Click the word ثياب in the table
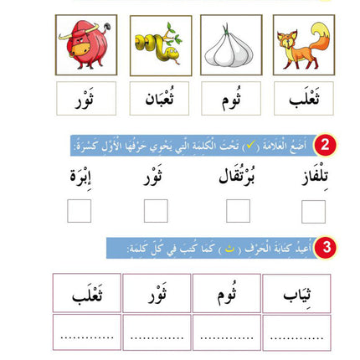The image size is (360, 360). [x=296, y=293]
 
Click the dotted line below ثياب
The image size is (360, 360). [x=296, y=333]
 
